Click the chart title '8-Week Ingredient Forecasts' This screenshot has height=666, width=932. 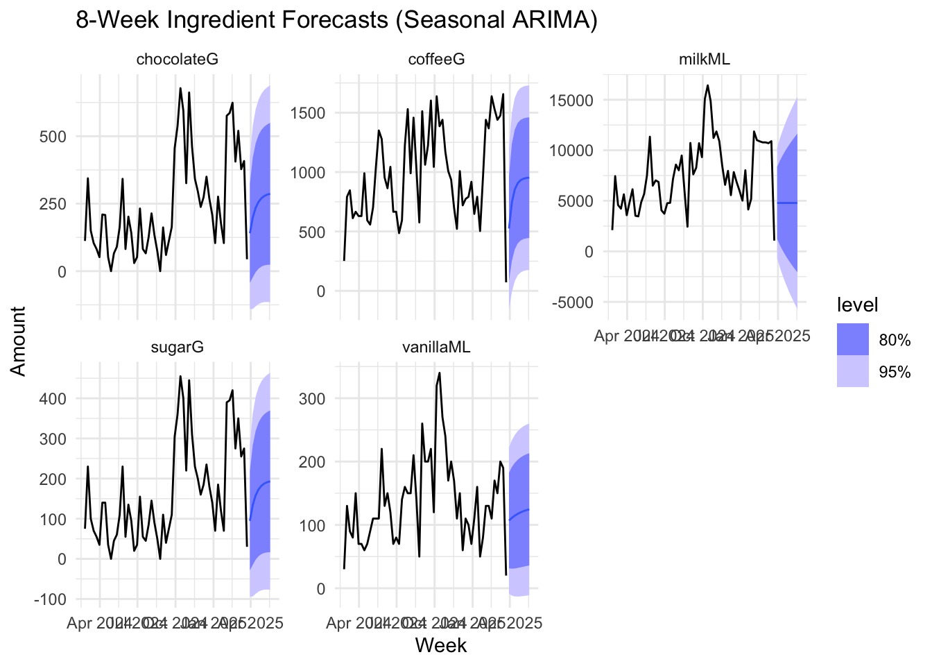[336, 21]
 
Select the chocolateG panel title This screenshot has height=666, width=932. [178, 60]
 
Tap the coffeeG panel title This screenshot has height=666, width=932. [436, 60]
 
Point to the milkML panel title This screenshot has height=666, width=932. [704, 60]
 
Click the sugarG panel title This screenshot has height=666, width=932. [178, 347]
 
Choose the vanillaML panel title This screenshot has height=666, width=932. [436, 347]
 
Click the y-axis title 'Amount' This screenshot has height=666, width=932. [19, 341]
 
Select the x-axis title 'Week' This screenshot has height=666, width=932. [441, 646]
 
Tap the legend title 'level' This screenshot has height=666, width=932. [858, 305]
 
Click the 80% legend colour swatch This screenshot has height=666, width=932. [852, 339]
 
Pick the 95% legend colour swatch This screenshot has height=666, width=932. [852, 372]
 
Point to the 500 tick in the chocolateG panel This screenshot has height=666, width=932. [53, 137]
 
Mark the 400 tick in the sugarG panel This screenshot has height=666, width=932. [53, 399]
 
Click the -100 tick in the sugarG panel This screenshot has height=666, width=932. [49, 599]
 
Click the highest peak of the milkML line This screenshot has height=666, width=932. [707, 85]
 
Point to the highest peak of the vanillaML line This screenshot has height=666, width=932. [440, 373]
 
